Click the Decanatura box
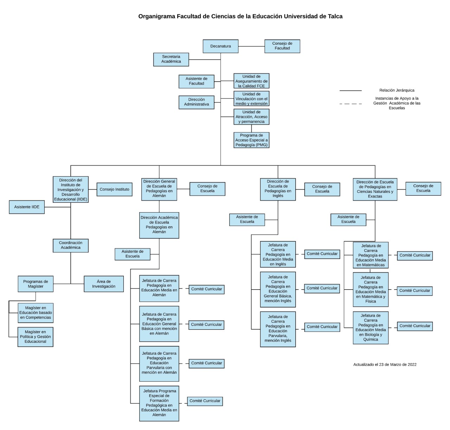[x=220, y=46]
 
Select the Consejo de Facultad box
[x=282, y=46]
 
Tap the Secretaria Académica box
[x=171, y=59]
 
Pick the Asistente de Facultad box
[x=196, y=81]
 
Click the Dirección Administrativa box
[x=196, y=102]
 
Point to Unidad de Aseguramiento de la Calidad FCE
[x=251, y=81]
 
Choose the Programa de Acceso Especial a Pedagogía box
[x=251, y=140]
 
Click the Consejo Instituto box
[x=114, y=189]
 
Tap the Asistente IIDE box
[x=27, y=207]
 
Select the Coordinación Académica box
[x=71, y=245]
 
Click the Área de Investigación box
[x=104, y=284]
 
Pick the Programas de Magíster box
[x=36, y=284]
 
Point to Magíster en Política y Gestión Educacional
[x=36, y=337]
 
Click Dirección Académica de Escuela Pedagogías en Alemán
[x=159, y=225]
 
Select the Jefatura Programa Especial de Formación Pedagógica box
[x=159, y=403]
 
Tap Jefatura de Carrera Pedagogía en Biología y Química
[x=371, y=328]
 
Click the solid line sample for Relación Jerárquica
[x=351, y=91]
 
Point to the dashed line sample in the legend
[x=351, y=104]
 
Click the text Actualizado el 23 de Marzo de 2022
[x=385, y=365]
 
